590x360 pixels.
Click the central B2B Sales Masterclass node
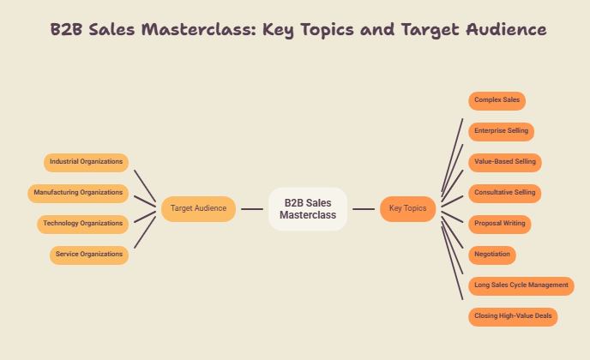pos(308,209)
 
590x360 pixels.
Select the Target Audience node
pos(198,209)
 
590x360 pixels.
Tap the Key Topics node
pos(408,209)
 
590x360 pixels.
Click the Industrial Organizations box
pos(86,163)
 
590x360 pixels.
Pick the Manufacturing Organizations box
pos(78,194)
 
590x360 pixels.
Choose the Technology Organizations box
pos(83,225)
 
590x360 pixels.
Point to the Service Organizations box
pos(89,255)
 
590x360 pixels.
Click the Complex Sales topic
pos(497,101)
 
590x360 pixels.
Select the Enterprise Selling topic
pos(501,132)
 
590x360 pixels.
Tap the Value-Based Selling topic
pos(505,163)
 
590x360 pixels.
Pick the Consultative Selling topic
pos(504,194)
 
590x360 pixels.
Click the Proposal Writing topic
pos(500,225)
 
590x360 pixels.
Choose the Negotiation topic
pos(492,255)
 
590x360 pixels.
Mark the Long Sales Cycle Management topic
pos(521,286)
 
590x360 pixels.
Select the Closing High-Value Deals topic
pos(513,317)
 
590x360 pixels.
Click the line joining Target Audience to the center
pos(252,209)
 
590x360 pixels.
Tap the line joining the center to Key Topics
pos(364,209)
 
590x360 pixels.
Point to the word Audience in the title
pos(506,29)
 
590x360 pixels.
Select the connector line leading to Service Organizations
pos(145,232)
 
